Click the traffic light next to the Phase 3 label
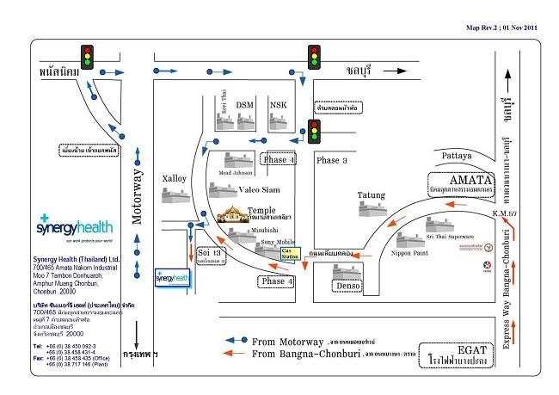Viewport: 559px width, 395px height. pyautogui.click(x=314, y=131)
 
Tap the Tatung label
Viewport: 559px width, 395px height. pyautogui.click(x=373, y=195)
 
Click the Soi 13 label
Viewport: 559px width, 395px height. pyautogui.click(x=211, y=252)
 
